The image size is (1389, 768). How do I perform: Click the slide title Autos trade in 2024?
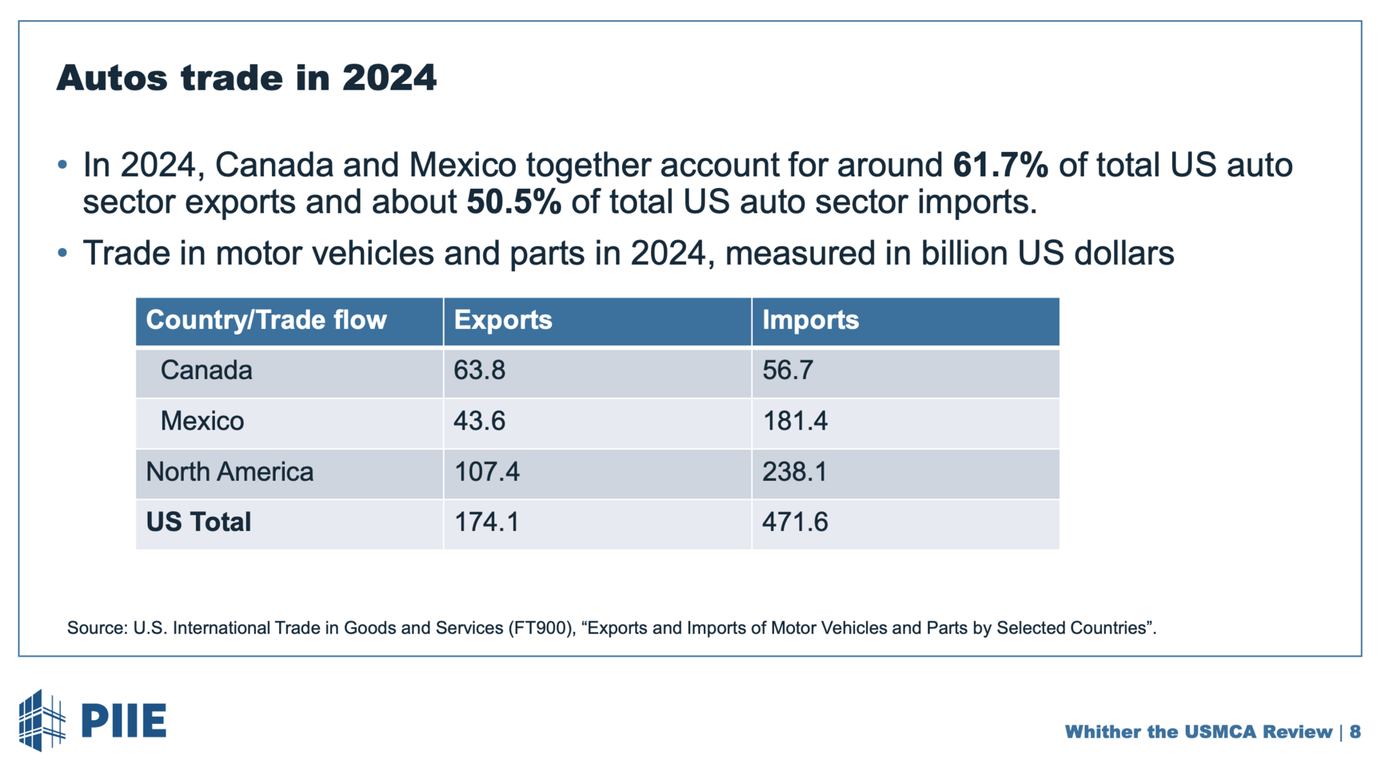247,78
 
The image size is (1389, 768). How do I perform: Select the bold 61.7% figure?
1001,165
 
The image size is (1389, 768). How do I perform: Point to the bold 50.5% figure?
514,202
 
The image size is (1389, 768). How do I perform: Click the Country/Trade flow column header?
266,320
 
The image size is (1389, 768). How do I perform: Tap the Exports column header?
503,320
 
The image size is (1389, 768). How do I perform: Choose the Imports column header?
810,320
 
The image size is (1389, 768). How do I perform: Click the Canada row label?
206,370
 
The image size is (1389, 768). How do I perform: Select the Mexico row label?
202,421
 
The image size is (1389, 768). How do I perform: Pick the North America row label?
229,472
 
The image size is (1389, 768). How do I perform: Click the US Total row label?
198,522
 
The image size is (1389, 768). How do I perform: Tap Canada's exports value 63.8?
480,370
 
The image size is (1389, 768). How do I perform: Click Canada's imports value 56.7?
788,370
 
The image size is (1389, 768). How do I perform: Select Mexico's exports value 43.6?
480,421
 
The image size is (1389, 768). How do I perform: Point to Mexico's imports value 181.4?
795,421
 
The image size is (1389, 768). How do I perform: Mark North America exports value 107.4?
487,472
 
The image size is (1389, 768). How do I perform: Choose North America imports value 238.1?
794,472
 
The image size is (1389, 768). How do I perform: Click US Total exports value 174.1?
487,522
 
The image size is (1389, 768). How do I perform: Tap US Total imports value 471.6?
795,522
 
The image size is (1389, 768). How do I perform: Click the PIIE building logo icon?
41,720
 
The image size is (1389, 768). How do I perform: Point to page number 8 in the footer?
1355,732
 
